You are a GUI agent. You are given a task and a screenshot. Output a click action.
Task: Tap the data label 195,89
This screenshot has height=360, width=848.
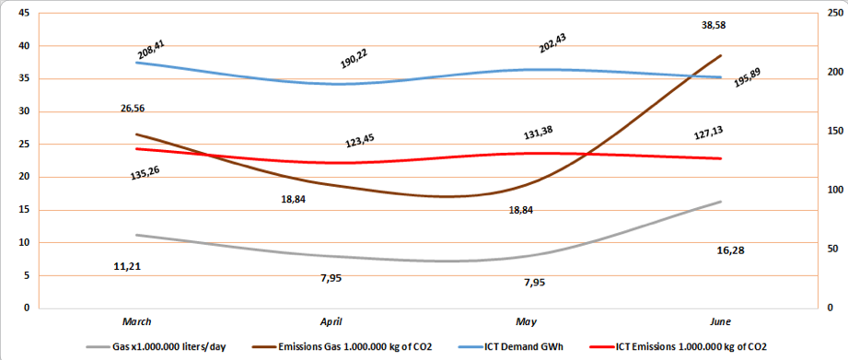748,79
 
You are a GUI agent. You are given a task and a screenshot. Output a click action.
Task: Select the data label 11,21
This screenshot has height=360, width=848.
127,266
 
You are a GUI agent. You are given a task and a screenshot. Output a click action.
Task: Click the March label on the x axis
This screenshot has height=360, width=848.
136,321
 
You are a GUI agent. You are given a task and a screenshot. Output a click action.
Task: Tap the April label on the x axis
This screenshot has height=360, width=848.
331,321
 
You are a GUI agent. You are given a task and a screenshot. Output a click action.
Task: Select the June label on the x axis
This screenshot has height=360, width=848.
721,321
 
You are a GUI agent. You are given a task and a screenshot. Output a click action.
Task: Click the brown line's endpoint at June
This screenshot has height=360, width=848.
721,55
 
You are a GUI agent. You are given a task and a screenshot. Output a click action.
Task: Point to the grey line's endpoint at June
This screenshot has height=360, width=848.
721,201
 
